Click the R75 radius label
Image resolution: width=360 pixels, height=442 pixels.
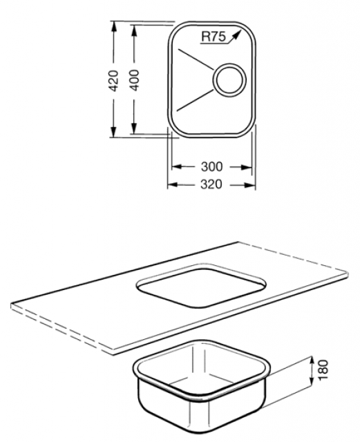214,37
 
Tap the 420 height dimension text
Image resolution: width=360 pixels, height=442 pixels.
113,81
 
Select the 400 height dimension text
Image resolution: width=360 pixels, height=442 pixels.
134,80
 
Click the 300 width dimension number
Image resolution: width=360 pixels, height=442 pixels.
211,167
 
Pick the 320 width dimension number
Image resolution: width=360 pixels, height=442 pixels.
211,184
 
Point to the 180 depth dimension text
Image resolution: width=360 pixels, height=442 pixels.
323,370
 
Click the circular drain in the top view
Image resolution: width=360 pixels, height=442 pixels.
229,79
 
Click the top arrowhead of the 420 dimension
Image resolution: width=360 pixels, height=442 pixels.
114,27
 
